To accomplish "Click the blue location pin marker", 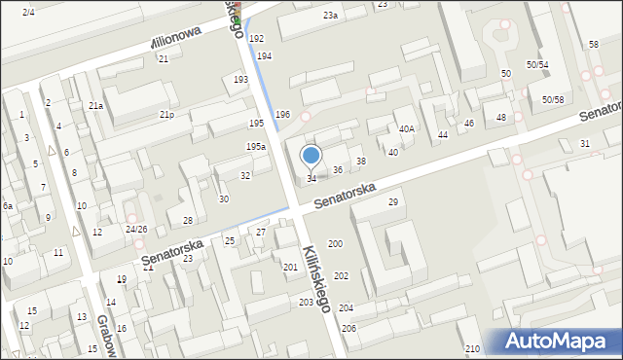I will click(311, 156).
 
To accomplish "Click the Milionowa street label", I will click(175, 39).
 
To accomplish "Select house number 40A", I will click(406, 128).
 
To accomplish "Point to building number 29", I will click(393, 201).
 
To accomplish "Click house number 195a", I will click(256, 146).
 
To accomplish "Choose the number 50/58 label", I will click(553, 99).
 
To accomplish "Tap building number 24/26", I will click(135, 230).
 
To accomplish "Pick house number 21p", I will click(167, 115).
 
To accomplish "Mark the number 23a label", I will click(331, 16).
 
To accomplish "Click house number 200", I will click(335, 243).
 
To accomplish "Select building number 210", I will click(472, 348).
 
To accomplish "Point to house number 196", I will click(282, 115).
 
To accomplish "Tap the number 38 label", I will click(360, 161).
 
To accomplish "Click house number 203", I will click(306, 303).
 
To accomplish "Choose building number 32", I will click(245, 175).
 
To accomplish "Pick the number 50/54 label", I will click(537, 64).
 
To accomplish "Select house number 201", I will click(290, 267).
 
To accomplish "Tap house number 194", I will click(264, 56).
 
